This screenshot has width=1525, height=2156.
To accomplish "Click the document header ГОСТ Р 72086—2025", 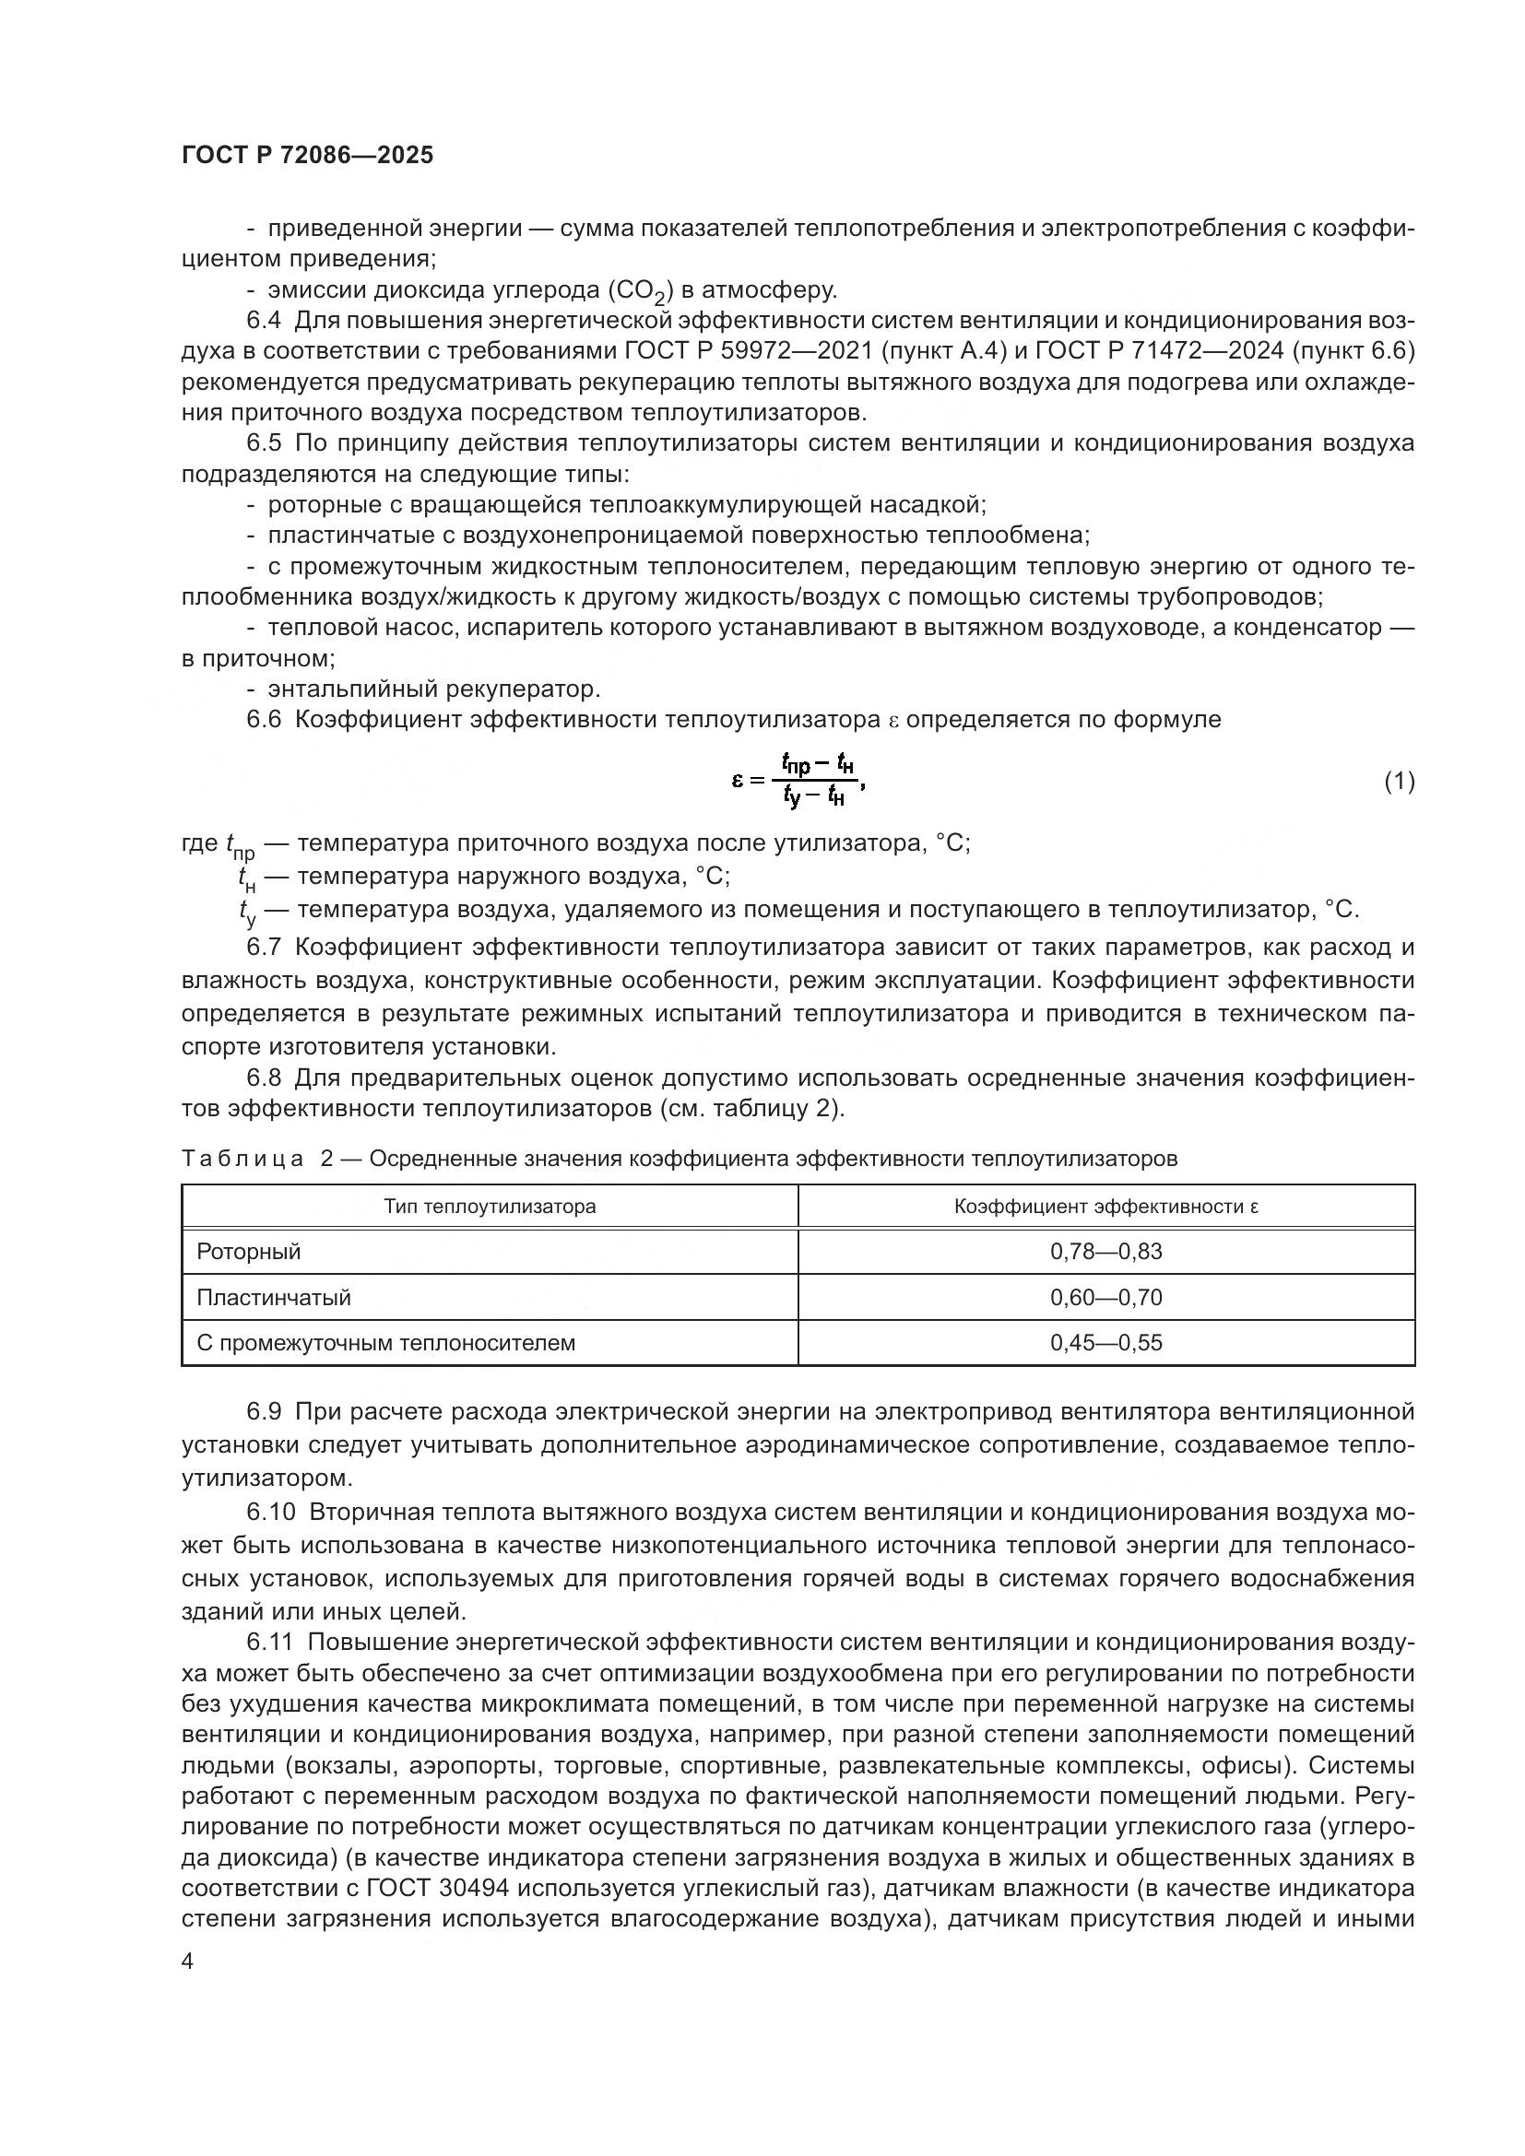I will tap(307, 156).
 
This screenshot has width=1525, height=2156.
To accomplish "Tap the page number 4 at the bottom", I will tap(188, 1962).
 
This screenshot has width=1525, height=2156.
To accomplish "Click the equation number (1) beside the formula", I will tap(1400, 781).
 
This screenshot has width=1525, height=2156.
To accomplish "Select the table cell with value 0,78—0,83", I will tap(1105, 1251).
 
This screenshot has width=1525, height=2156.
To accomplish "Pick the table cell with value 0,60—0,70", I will tap(1105, 1297).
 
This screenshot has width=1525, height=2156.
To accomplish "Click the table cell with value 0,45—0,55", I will tap(1105, 1342).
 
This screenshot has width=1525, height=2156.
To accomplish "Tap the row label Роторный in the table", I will tap(249, 1251).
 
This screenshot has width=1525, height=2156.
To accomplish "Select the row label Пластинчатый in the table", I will tap(273, 1297).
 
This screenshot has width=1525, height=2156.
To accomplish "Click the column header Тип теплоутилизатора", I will tap(490, 1206).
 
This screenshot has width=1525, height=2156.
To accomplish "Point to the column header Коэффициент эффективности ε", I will tap(1105, 1206).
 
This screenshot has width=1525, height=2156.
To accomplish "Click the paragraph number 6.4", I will tap(264, 320).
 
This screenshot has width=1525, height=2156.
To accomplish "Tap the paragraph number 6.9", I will tap(264, 1411).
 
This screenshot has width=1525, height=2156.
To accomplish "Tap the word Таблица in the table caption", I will tap(242, 1158).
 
